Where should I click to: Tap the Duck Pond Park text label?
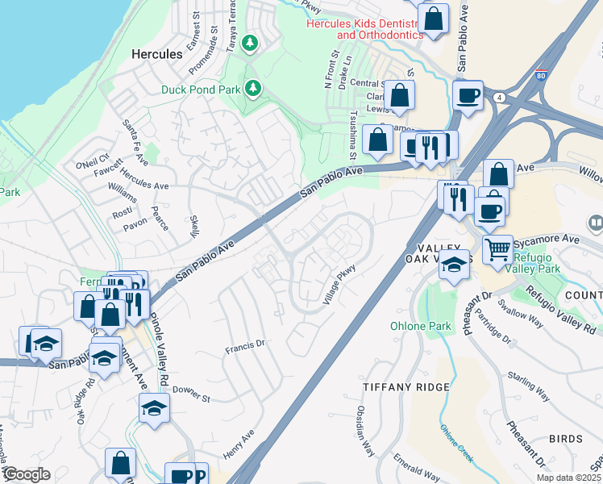click(x=202, y=89)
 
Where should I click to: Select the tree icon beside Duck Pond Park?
click(x=254, y=86)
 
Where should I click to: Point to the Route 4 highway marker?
click(x=501, y=97)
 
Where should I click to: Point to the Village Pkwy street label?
click(x=339, y=287)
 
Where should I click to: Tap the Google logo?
click(x=26, y=474)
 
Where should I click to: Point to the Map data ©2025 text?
click(x=569, y=478)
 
